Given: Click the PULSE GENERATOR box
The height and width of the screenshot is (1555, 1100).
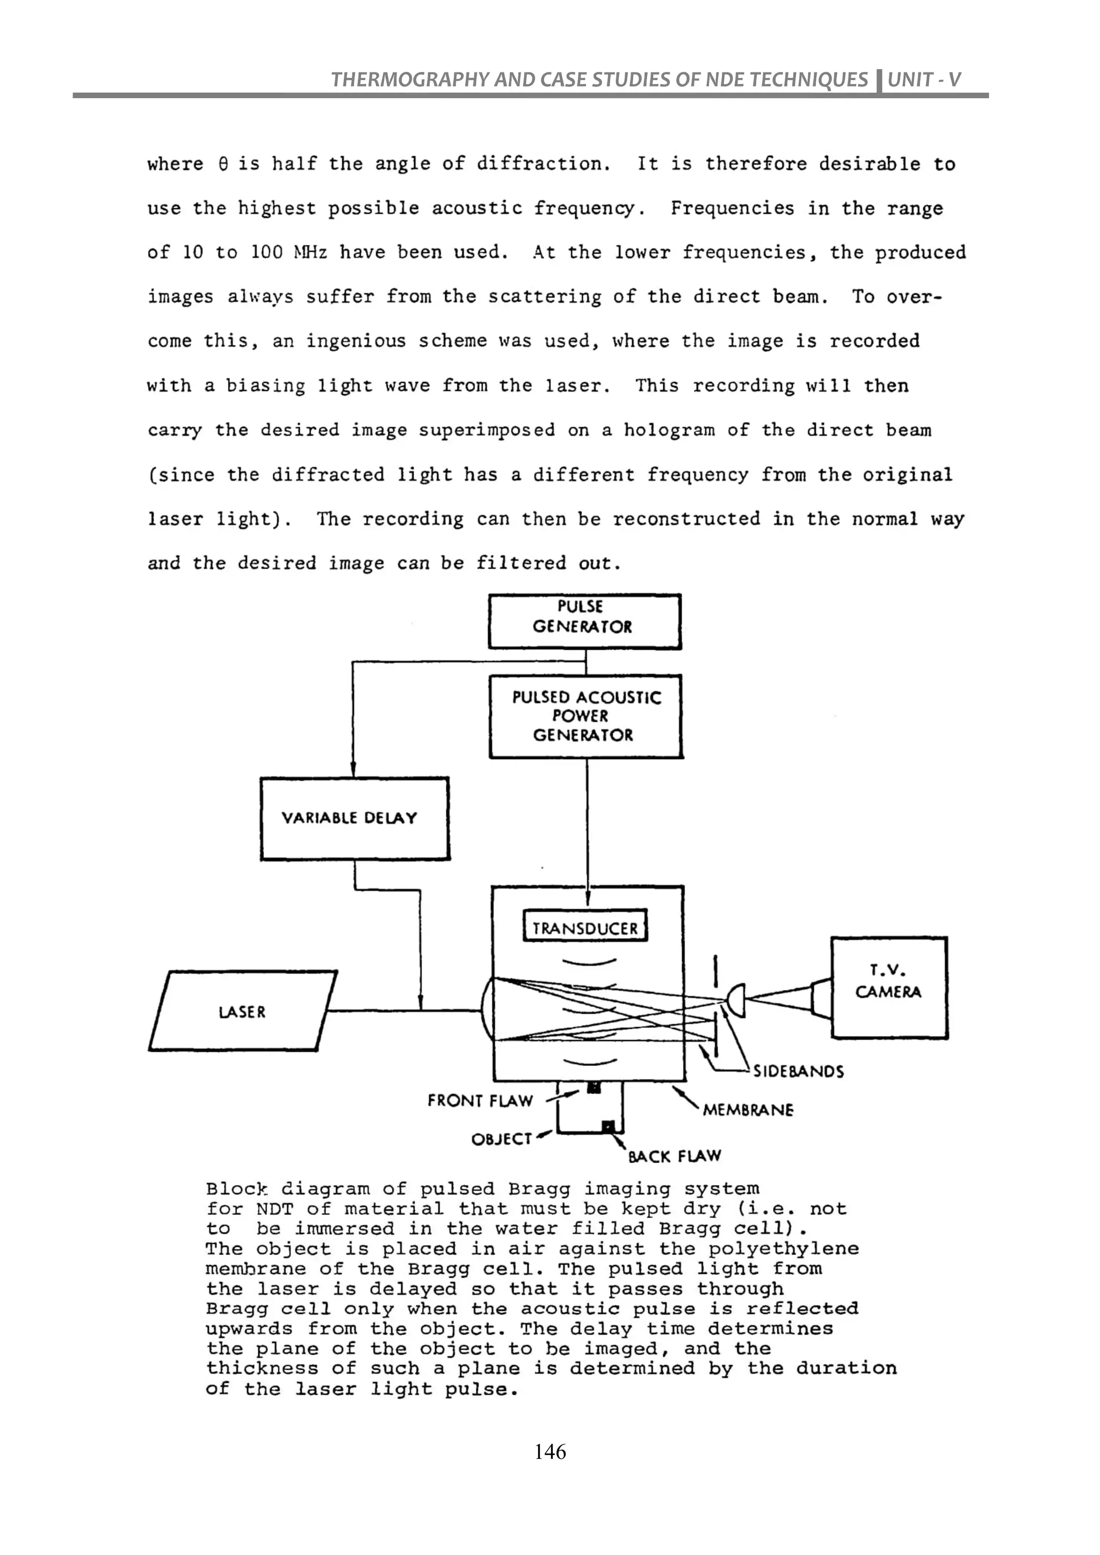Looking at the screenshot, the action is click(x=584, y=621).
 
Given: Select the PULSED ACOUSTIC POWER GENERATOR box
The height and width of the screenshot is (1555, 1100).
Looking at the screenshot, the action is click(x=585, y=716).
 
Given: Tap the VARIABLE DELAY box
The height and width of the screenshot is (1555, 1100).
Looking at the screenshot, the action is click(x=354, y=818).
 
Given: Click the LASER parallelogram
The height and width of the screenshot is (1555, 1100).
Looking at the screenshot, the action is click(x=242, y=1012).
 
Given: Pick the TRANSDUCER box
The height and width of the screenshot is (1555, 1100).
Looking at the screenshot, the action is click(x=585, y=927).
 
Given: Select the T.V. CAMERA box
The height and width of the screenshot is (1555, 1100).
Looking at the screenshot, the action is click(x=889, y=987).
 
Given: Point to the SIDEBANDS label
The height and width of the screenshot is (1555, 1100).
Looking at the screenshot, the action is click(x=798, y=1071).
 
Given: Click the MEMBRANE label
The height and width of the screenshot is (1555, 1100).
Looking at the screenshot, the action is click(x=747, y=1109).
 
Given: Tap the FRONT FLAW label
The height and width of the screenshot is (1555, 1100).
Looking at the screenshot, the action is click(x=480, y=1101).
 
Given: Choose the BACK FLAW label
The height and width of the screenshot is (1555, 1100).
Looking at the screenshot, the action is click(x=674, y=1156).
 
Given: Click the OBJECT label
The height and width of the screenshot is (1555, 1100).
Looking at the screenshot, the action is click(x=501, y=1139).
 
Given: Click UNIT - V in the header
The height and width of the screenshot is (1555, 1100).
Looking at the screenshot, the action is click(x=924, y=80).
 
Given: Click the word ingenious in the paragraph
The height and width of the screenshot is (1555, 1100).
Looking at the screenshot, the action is click(x=355, y=340).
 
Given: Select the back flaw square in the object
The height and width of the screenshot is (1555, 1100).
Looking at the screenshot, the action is click(x=608, y=1125).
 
